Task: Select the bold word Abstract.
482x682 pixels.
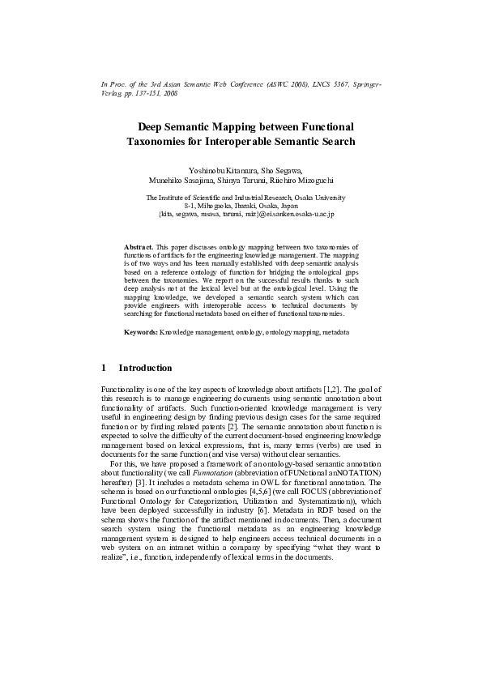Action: tap(138, 244)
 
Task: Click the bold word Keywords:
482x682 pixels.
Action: tap(140, 333)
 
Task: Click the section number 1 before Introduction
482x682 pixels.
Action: tap(104, 368)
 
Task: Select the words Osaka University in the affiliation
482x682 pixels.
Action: tap(320, 198)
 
